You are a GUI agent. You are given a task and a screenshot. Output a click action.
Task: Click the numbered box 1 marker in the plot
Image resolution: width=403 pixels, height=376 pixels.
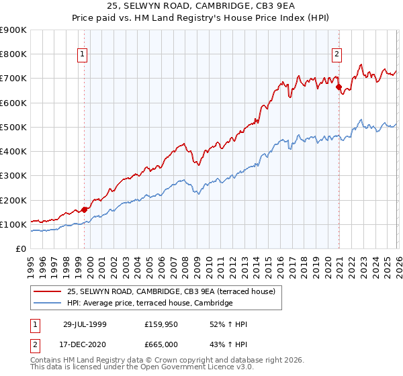click(82, 55)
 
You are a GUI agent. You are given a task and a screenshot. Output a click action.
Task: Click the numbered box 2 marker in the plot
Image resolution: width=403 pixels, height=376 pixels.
click(336, 55)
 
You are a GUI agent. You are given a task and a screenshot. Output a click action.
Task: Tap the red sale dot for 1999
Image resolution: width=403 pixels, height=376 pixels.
click(85, 209)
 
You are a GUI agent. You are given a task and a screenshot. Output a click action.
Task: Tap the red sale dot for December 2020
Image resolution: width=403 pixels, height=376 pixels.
click(339, 87)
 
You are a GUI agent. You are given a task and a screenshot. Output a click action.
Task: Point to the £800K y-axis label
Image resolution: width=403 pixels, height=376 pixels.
click(15, 54)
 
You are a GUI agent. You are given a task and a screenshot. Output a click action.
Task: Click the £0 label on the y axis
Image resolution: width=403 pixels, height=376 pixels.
click(20, 249)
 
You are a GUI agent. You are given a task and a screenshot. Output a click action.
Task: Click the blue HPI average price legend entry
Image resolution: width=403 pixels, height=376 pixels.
click(149, 303)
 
